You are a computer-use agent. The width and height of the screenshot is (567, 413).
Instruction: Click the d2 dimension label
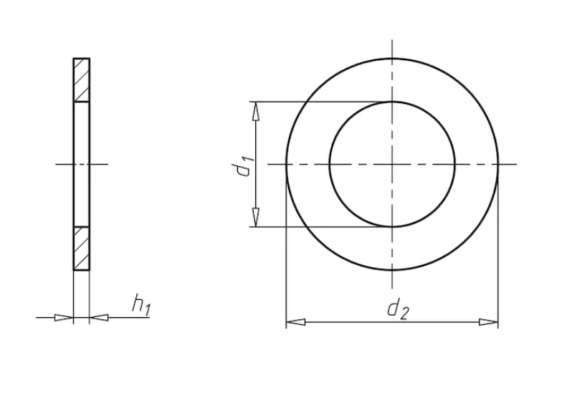click(x=398, y=310)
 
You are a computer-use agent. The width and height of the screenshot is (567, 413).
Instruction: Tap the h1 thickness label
click(x=141, y=304)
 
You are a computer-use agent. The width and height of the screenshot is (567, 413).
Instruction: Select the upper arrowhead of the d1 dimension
click(x=256, y=111)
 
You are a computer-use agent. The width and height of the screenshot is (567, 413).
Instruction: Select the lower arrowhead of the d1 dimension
click(x=256, y=218)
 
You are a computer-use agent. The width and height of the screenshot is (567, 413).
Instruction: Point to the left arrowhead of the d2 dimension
click(x=295, y=322)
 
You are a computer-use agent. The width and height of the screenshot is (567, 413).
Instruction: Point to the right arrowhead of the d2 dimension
click(x=489, y=322)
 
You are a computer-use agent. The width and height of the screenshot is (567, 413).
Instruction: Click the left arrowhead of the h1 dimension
click(x=64, y=318)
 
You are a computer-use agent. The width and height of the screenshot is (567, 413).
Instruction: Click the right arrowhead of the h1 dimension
click(x=99, y=318)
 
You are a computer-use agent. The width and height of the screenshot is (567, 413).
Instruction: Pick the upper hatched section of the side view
click(x=82, y=79)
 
